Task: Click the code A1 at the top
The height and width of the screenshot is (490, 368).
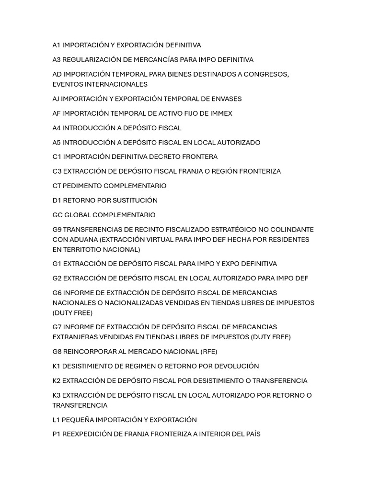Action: (x=57, y=45)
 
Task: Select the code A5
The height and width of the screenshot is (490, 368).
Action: (x=57, y=143)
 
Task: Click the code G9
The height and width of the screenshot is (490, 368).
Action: (x=57, y=230)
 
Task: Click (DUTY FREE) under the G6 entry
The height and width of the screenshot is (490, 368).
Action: (x=72, y=313)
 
